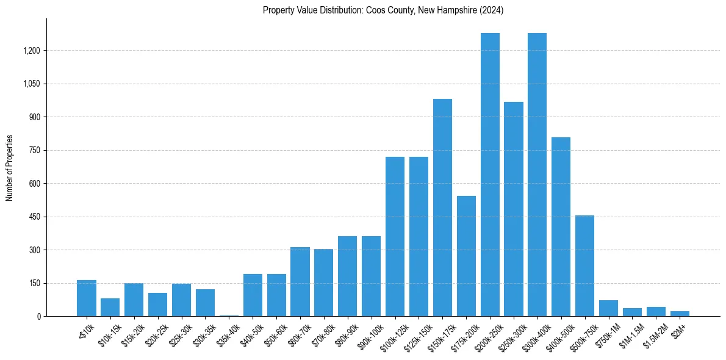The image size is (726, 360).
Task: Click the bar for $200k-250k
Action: point(490,175)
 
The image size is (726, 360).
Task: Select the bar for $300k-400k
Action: point(537,175)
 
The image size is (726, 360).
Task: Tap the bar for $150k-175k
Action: point(442,207)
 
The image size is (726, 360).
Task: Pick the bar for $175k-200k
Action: point(466,256)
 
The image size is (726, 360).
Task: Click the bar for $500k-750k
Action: point(585,266)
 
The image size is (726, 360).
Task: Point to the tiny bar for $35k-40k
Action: point(229,315)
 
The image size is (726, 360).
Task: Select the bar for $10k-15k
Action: point(110,307)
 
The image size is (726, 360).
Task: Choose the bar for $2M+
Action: point(680,314)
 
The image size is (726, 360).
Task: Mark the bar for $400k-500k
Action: point(561,227)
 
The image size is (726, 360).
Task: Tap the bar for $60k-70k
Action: point(300,282)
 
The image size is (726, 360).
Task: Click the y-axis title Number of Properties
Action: point(9,168)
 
